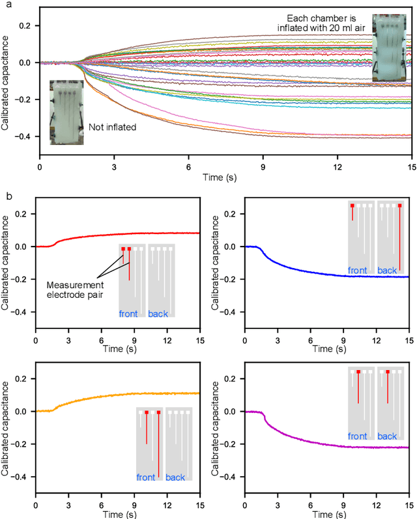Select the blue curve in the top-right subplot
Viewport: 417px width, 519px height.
click(x=326, y=274)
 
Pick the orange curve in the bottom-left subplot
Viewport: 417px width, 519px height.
click(x=130, y=394)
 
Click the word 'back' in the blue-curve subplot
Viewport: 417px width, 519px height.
click(x=387, y=270)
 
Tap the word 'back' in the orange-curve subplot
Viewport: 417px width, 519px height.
click(x=175, y=478)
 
